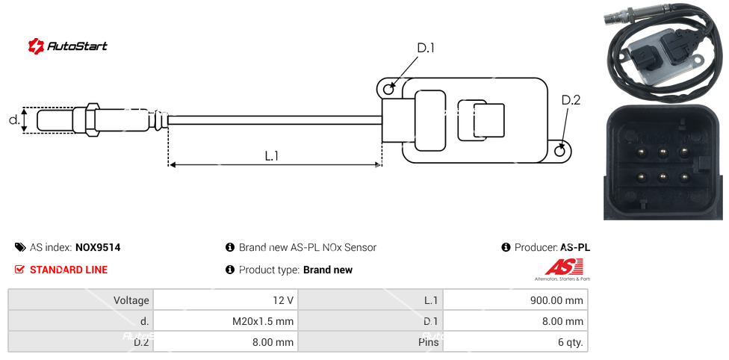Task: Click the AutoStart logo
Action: [67, 46]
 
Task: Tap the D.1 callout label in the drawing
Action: [426, 49]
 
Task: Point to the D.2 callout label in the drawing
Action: [571, 100]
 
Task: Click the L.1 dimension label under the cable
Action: [272, 155]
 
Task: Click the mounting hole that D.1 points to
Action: [388, 90]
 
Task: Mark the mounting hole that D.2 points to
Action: [562, 152]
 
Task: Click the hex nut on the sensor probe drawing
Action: [93, 120]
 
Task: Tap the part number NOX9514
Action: [98, 247]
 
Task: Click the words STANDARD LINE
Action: [69, 270]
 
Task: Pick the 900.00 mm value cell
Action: [515, 300]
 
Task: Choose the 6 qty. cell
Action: [515, 343]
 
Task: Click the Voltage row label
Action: [81, 300]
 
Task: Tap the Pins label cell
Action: [370, 343]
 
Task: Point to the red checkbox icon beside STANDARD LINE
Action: [20, 270]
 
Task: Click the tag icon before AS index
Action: [20, 247]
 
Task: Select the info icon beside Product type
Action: [230, 270]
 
